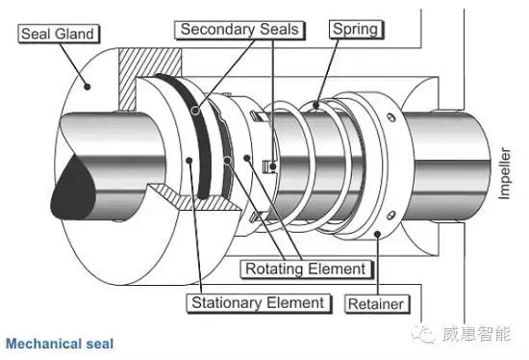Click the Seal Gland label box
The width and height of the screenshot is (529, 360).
[59, 34]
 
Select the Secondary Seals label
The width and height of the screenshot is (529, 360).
[239, 30]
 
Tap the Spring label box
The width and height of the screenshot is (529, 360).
[356, 30]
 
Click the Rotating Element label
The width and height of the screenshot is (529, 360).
[306, 270]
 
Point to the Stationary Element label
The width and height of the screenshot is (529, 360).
[259, 303]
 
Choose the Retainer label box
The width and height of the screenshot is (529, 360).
[376, 304]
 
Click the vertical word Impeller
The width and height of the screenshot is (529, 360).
[504, 173]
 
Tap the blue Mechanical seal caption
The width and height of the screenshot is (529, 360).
[60, 344]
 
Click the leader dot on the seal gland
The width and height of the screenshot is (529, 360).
[87, 87]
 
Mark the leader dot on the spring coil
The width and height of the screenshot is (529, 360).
[315, 105]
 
